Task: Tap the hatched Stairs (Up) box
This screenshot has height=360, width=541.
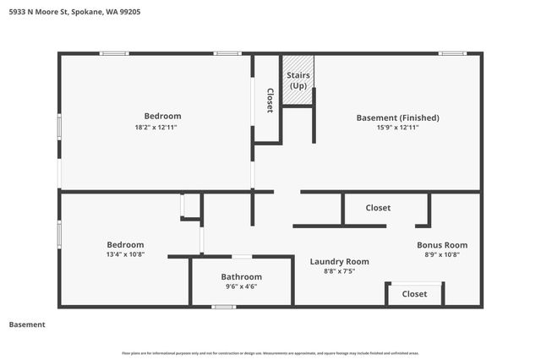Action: tap(298, 80)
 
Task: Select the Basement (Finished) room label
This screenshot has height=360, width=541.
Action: tap(397, 117)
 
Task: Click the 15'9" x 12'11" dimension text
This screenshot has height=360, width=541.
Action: tap(397, 128)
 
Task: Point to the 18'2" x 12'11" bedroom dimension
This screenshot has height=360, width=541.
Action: tap(162, 127)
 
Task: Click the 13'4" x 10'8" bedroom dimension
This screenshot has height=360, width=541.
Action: tap(124, 254)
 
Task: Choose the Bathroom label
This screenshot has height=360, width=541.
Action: tap(242, 276)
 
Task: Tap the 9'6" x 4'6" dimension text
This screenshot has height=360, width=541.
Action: tap(242, 286)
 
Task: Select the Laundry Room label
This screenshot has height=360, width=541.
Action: tap(339, 261)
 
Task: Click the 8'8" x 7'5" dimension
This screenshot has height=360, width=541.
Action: tap(339, 271)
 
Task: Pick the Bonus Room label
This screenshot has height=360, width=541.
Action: tap(442, 245)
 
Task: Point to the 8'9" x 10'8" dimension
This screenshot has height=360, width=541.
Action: tap(442, 255)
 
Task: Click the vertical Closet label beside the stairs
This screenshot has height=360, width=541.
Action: tap(270, 101)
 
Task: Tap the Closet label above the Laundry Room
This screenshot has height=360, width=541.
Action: tap(378, 208)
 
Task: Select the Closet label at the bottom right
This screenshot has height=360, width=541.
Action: tap(414, 294)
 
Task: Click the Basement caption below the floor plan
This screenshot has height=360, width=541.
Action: tap(26, 325)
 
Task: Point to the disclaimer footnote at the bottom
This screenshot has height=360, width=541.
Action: tap(270, 352)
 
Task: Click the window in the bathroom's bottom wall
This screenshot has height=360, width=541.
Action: tap(224, 307)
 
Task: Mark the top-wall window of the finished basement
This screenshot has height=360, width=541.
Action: tap(452, 53)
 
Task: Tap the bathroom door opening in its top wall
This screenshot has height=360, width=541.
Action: tap(242, 256)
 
